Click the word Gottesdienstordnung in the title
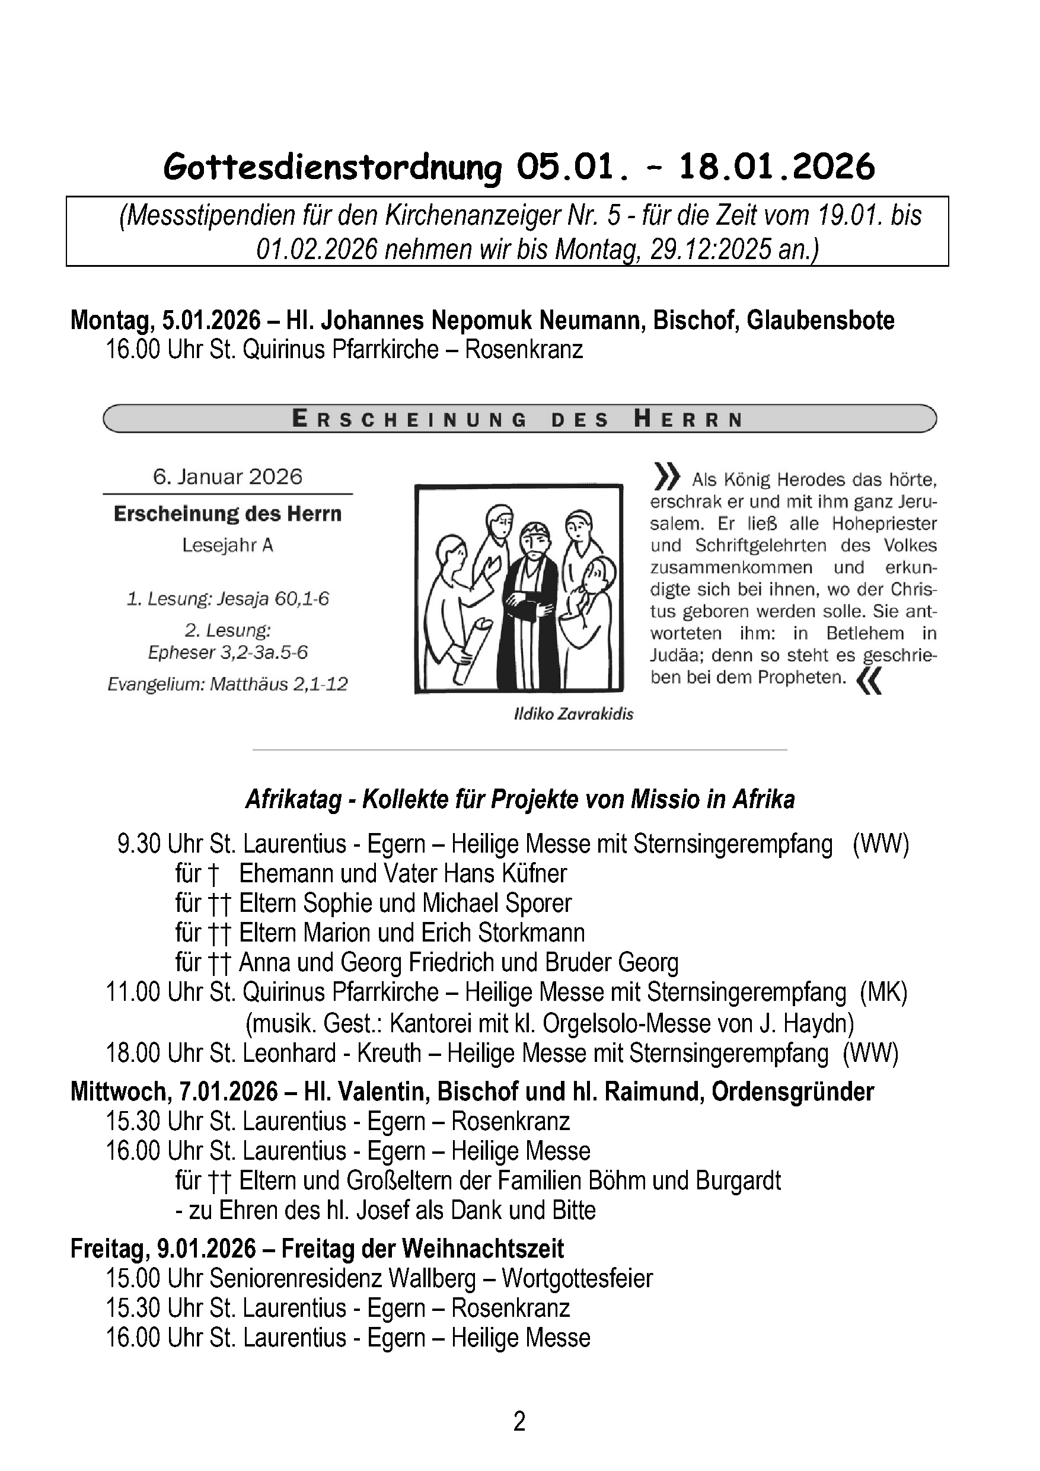[332, 168]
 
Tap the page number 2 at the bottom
[519, 1421]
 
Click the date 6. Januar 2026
[228, 477]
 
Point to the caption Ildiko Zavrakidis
[573, 714]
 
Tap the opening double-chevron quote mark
[666, 476]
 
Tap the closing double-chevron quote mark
[870, 681]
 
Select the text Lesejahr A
[228, 545]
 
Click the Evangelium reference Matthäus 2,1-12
[279, 684]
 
